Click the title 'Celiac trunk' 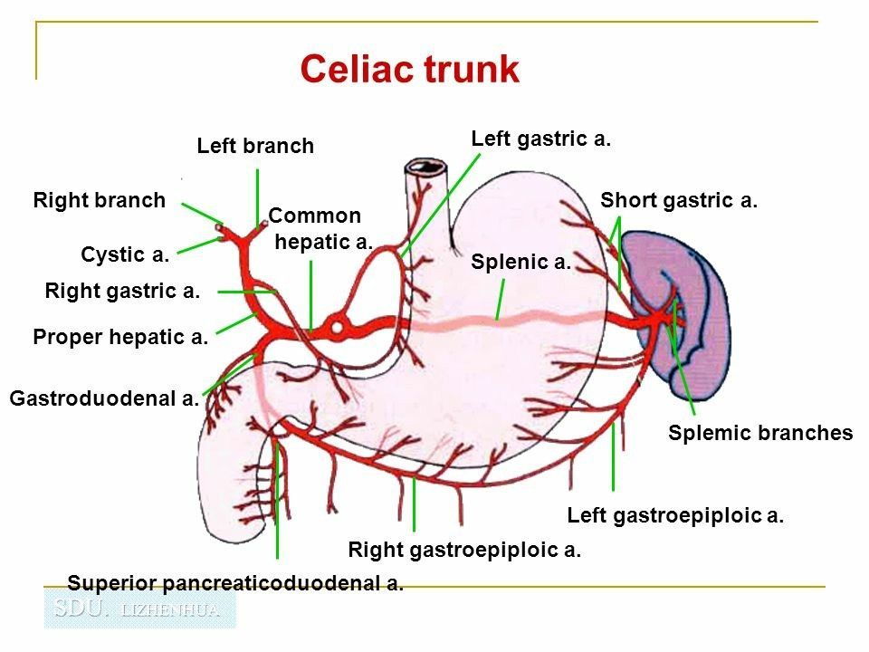coord(409,70)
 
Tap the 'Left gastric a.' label coord(541,139)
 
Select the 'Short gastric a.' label coord(678,200)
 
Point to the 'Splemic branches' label coord(760,433)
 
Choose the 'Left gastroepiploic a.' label coord(674,516)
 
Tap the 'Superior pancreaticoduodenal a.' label coord(235,582)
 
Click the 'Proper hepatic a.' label coord(120,338)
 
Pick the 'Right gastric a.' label coord(121,291)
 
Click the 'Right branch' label coord(100,200)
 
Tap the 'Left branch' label coord(255,146)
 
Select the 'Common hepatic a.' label coord(320,229)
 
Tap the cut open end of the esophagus coord(422,168)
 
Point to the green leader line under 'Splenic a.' coord(501,300)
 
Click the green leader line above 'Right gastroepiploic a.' coord(414,503)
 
